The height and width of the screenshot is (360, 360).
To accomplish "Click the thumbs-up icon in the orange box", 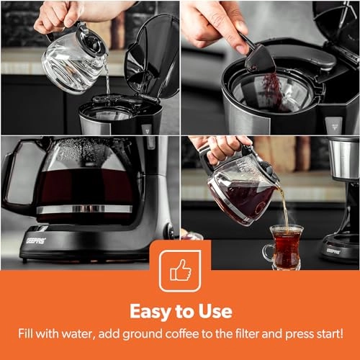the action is click(181, 270).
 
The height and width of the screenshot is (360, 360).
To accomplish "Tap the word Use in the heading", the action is click(215, 311).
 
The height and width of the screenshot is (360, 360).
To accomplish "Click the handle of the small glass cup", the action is click(268, 253).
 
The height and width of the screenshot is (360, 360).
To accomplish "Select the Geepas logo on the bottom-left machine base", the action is click(36, 240).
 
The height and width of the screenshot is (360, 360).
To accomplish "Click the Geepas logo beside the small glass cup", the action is click(333, 251).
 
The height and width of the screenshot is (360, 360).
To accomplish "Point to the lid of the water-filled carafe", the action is click(91, 40).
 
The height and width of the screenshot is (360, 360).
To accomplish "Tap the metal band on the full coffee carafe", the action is click(84, 209).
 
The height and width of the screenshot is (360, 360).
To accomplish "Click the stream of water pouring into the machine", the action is click(107, 77).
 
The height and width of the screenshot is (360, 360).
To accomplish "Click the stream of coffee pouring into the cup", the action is click(285, 207).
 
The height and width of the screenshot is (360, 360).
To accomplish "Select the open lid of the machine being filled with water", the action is click(152, 56).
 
